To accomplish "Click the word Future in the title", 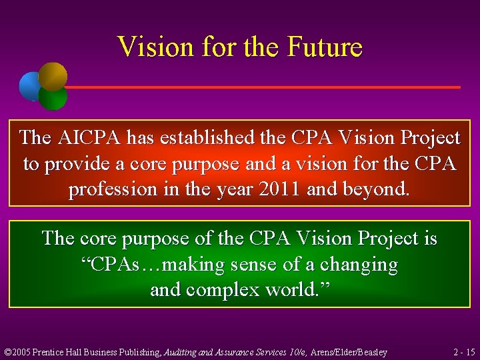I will pos(325,47).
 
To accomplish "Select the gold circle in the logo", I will pos(53,75).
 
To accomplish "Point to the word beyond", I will pos(374,189).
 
